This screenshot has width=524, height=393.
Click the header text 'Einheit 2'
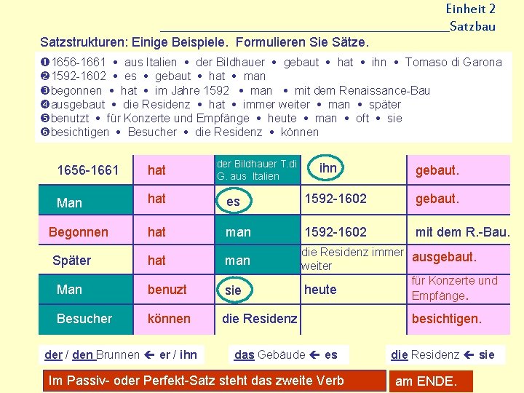[x=471, y=9]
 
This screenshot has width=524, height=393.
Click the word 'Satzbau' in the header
[x=472, y=27]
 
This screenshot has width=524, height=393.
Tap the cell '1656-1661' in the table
[x=87, y=170]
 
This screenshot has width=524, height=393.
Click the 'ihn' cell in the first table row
[x=328, y=168]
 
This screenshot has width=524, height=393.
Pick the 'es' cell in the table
[x=233, y=201]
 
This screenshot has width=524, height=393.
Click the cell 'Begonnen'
[x=78, y=232]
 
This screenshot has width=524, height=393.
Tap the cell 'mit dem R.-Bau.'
[x=462, y=232]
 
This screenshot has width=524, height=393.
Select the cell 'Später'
[x=71, y=261]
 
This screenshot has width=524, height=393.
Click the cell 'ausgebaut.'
[x=444, y=257]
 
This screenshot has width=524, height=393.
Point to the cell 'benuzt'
[x=167, y=290]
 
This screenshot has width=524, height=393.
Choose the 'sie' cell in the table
[x=233, y=290]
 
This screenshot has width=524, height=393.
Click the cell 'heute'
[x=320, y=290]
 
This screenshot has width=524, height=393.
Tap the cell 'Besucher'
[x=84, y=319]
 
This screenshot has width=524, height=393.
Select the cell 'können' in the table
[x=169, y=319]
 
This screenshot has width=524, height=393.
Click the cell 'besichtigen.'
[x=446, y=319]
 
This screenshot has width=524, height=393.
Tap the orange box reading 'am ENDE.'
[x=426, y=381]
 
